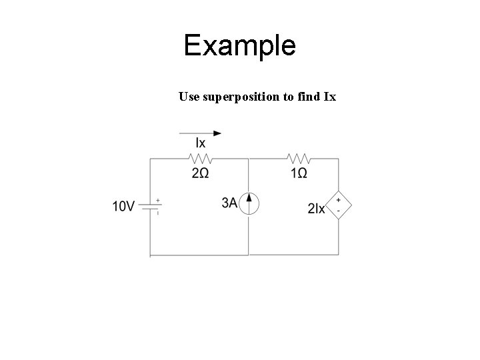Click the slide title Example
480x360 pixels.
click(x=239, y=45)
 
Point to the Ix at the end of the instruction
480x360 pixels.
click(x=329, y=97)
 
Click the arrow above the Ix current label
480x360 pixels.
click(x=200, y=133)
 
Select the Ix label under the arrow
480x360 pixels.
click(x=200, y=143)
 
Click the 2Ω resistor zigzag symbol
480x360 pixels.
click(x=201, y=159)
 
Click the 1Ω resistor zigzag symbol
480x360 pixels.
click(x=299, y=159)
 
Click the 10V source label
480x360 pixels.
click(x=124, y=207)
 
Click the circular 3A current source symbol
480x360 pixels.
click(x=249, y=203)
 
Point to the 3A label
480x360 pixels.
click(x=229, y=203)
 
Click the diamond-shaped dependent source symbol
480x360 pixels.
click(x=338, y=205)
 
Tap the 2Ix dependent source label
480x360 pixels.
click(x=317, y=209)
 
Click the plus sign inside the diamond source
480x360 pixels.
click(x=338, y=200)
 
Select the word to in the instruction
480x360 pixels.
click(x=287, y=97)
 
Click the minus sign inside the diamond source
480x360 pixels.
click(x=338, y=211)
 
